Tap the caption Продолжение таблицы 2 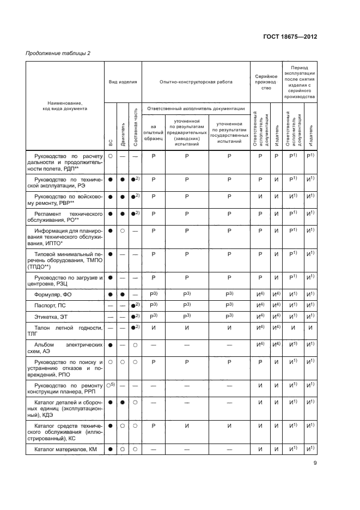(x=58, y=53)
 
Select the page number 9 (x=315, y=464)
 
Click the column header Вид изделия (x=123, y=82)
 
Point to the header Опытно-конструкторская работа (x=196, y=82)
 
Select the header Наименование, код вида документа (x=64, y=106)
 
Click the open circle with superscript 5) (x=111, y=385)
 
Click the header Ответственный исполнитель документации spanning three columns (x=196, y=108)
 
